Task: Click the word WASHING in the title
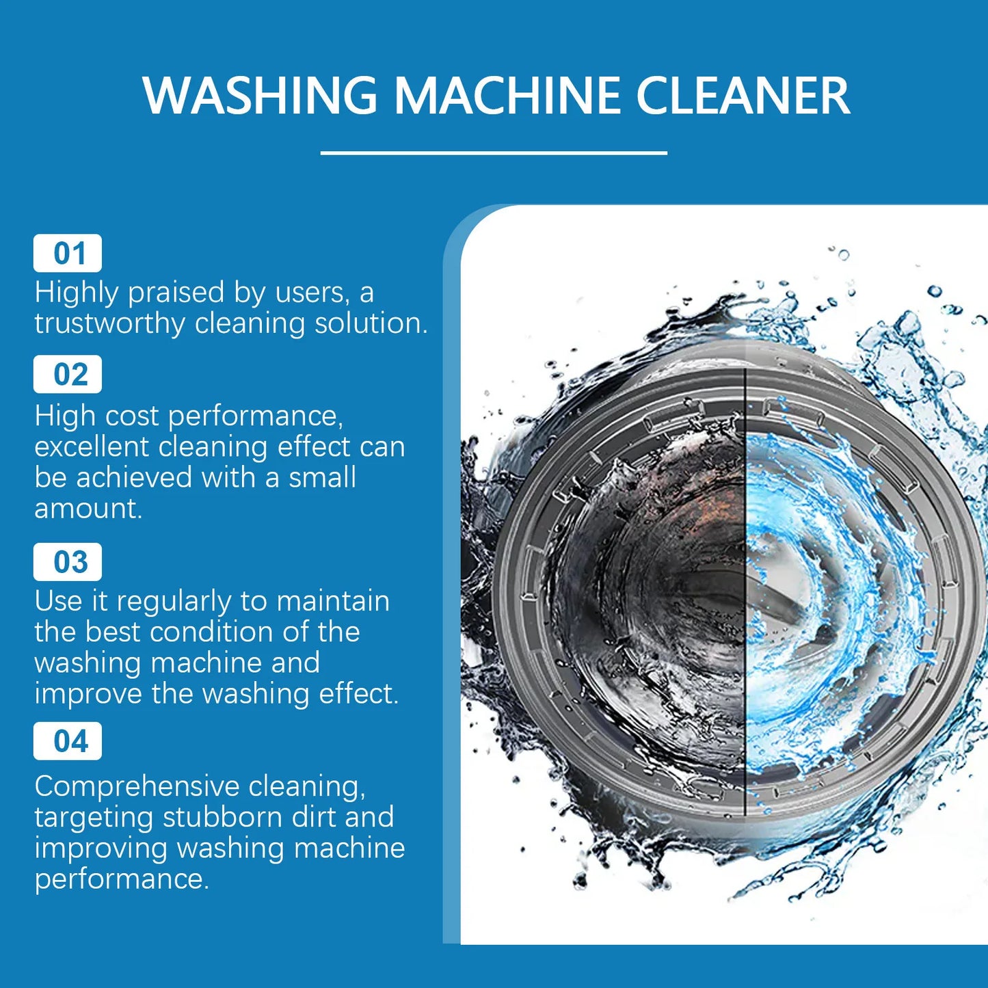coord(260,95)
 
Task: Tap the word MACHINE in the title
coord(507,95)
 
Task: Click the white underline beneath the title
coord(494,153)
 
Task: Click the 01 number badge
coord(68,254)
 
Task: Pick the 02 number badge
coord(68,375)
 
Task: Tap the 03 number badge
coord(68,562)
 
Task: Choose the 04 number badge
coord(68,741)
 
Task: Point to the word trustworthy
coord(109,323)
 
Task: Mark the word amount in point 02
coord(88,509)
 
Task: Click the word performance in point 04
coord(120,879)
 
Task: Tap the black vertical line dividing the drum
coord(745,615)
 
